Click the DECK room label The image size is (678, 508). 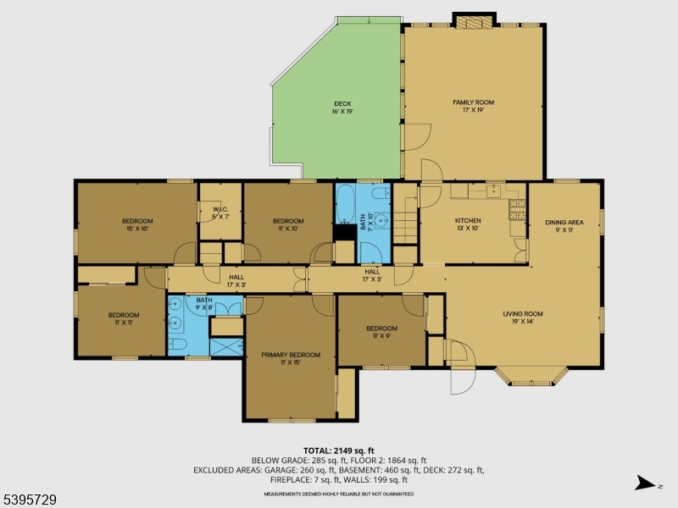point(342,108)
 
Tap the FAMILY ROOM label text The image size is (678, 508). point(473,106)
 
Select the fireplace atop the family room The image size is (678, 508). point(473,20)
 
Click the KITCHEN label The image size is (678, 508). point(468,224)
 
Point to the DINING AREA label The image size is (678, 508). point(564,225)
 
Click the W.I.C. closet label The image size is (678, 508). point(220,213)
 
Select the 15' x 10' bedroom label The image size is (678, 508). point(136,224)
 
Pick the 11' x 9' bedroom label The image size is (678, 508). point(381,331)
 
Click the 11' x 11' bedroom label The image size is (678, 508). point(121,318)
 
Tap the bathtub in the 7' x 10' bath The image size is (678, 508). point(347,204)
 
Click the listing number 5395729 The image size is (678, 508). point(30,500)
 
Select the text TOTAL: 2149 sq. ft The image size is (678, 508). point(339,450)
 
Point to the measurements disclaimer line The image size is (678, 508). point(339,493)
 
